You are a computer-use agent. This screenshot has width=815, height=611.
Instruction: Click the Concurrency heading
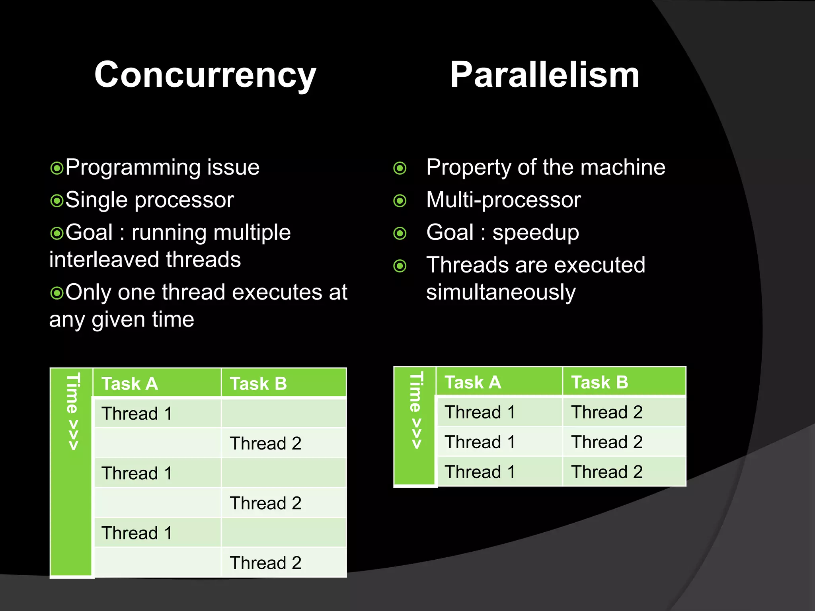tap(205, 75)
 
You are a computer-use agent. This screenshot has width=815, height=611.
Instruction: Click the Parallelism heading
tap(544, 75)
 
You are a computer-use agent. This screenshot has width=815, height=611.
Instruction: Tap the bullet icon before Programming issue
tap(57, 168)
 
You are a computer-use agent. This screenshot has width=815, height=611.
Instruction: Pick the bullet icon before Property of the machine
tap(400, 168)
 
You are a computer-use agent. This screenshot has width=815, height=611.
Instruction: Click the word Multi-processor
tap(503, 200)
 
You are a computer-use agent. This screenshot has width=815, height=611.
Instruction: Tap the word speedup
tap(535, 233)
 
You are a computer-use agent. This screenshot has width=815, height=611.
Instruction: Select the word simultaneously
tap(501, 292)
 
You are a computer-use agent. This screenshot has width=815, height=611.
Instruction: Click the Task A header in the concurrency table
tap(130, 384)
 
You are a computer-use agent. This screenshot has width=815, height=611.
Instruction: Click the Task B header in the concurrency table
tap(258, 384)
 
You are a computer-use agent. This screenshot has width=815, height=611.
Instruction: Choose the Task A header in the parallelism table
tap(472, 382)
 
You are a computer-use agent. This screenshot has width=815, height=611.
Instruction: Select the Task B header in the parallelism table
tap(599, 382)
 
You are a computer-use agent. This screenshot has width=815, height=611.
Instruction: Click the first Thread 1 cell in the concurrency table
tap(137, 414)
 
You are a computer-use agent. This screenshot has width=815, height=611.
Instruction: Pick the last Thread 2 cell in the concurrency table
tap(265, 563)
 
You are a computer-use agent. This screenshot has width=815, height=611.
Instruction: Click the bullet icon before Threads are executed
tap(400, 266)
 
